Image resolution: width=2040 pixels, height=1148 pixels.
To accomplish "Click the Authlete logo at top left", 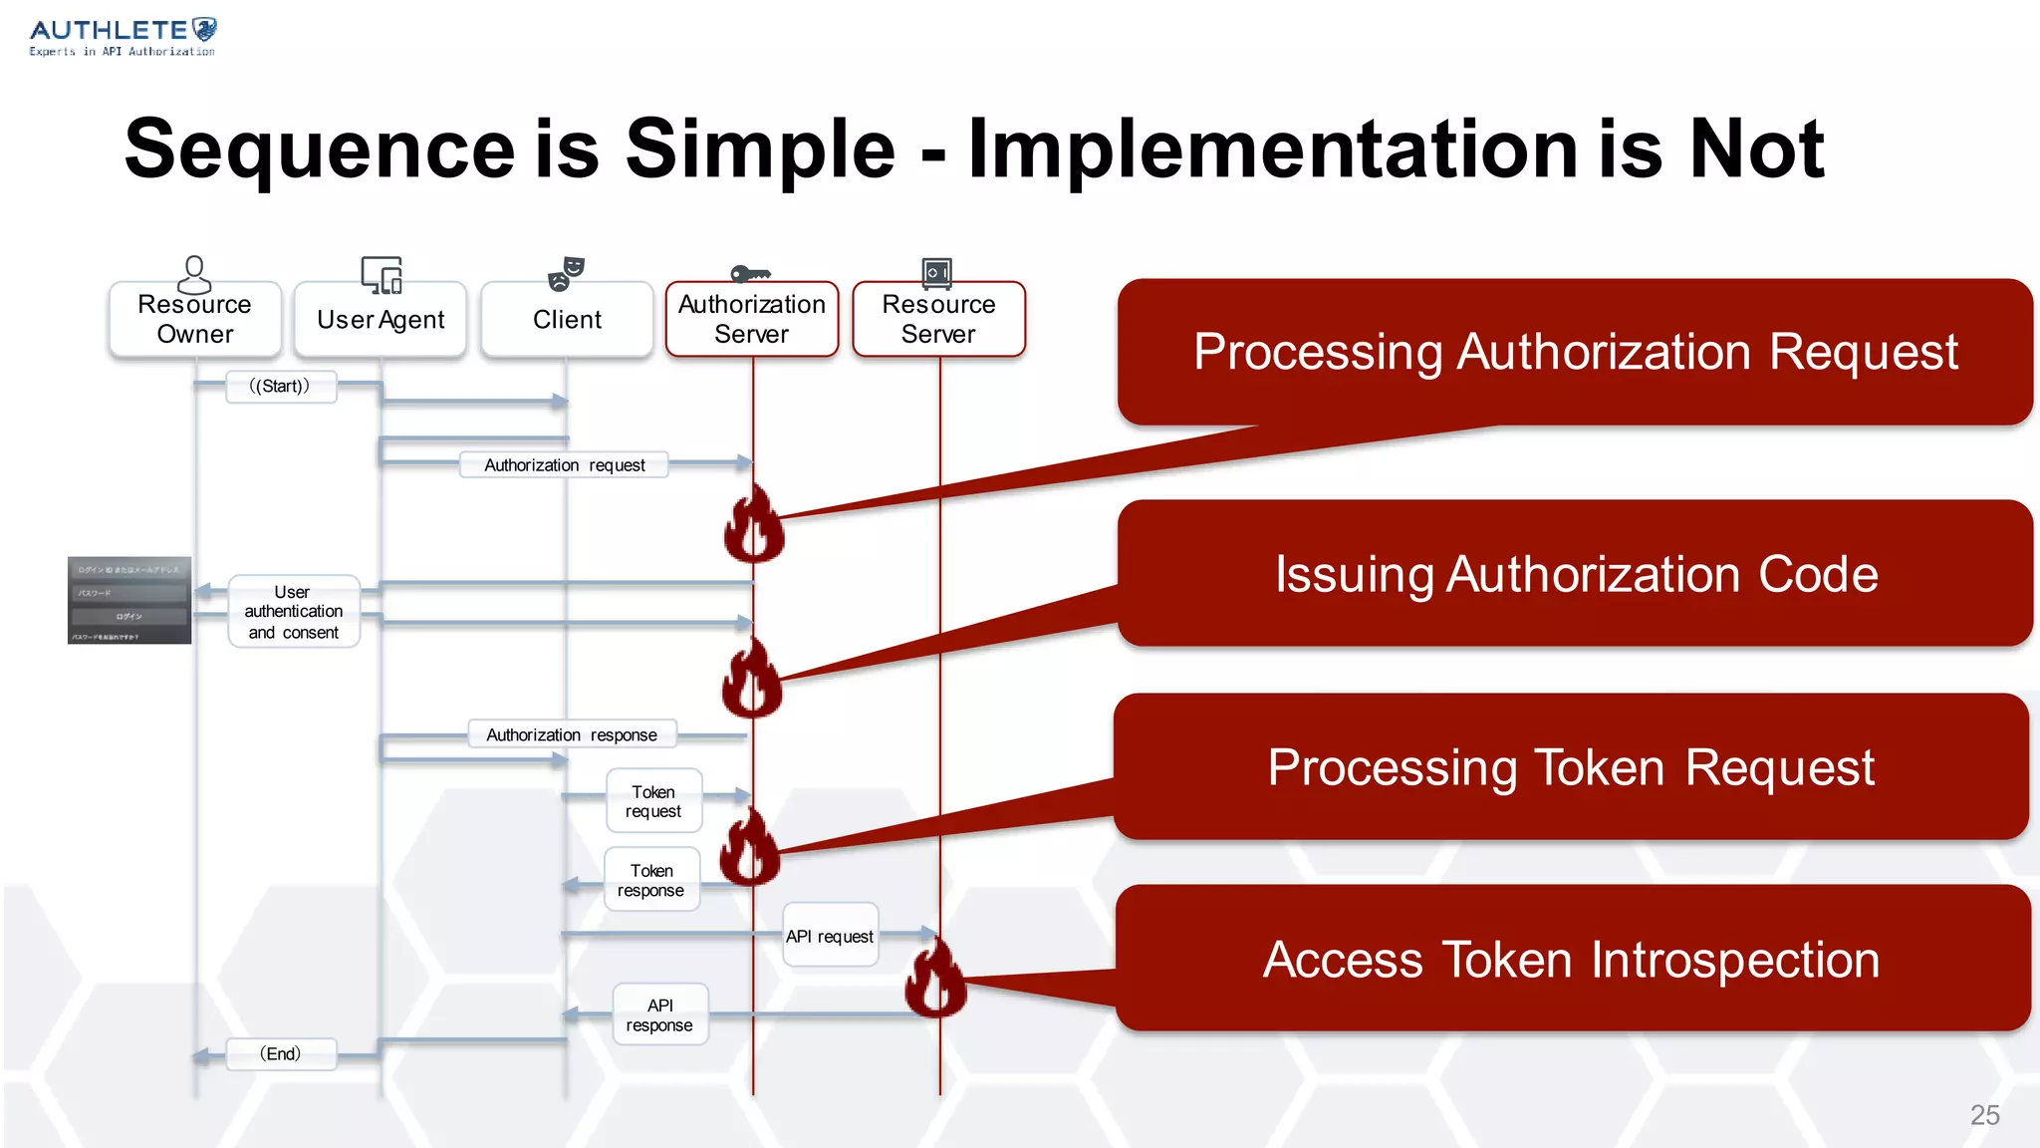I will coord(122,37).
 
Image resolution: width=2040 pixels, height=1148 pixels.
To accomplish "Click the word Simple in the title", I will coord(760,149).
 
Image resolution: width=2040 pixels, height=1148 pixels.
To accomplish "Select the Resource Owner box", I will coord(195,319).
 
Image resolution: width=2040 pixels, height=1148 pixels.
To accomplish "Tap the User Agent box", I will coord(381,320).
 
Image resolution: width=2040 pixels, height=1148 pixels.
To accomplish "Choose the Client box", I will coord(567,320).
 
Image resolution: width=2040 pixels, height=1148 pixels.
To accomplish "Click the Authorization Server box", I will coord(752,319).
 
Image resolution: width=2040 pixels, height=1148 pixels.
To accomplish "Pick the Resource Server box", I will coord(938,319).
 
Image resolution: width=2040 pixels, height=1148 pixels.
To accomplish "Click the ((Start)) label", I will coord(280,387).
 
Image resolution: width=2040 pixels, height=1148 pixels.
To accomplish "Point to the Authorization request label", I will coord(564,465).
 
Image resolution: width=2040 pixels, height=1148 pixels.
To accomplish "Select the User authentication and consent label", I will coord(294,612).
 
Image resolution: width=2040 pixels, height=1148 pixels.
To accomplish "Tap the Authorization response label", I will coord(572,735).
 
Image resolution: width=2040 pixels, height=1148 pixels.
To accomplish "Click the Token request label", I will coord(653,801).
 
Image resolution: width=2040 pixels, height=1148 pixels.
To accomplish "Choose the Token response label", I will coord(651,880).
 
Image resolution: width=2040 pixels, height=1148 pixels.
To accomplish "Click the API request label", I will coord(830,936).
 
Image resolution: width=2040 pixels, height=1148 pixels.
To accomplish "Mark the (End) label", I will coord(281,1054).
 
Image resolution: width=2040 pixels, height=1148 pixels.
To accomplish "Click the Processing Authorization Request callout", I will coord(1575,352).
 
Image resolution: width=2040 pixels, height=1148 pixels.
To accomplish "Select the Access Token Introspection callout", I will coord(1572,959).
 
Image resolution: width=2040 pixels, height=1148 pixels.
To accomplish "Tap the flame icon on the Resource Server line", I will coord(935,979).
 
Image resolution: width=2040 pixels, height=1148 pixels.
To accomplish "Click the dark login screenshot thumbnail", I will coord(129,600).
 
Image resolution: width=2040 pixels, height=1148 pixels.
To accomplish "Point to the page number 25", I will coord(1984,1115).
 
